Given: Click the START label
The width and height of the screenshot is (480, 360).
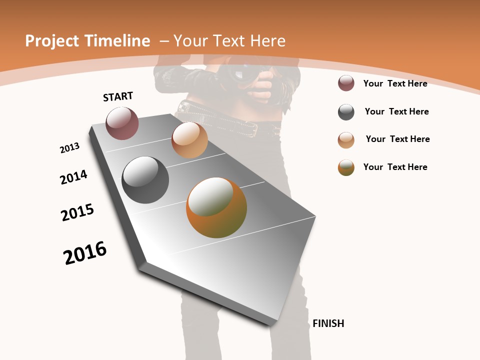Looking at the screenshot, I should [x=118, y=96].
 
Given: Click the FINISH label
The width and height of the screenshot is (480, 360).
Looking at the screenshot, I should [x=328, y=323].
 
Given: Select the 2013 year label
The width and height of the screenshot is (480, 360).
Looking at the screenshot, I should [x=69, y=148].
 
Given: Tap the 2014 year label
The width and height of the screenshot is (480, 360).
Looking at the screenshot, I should [x=74, y=177].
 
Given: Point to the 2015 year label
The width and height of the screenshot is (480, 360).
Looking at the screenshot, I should [x=77, y=212].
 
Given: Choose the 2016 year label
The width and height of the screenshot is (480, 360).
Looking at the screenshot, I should [x=85, y=253].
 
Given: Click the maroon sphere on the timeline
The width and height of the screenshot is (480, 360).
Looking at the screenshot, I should [x=122, y=123].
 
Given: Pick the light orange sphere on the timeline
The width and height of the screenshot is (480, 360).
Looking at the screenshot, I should [x=189, y=140].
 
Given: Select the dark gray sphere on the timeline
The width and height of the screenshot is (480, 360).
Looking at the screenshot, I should [x=145, y=180].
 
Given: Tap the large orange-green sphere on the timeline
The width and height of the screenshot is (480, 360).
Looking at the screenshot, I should [x=216, y=207].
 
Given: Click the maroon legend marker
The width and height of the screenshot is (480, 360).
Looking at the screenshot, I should [x=346, y=83].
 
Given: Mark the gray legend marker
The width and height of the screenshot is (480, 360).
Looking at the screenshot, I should [x=346, y=112].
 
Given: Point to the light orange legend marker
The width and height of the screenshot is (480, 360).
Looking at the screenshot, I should [x=346, y=140].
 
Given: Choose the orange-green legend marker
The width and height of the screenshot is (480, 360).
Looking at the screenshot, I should [x=346, y=167].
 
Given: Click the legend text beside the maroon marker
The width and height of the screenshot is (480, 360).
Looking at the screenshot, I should [x=395, y=83].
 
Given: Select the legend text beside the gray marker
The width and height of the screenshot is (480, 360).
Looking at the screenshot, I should [x=396, y=111].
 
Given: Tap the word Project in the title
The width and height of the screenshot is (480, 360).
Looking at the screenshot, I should [x=52, y=41].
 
